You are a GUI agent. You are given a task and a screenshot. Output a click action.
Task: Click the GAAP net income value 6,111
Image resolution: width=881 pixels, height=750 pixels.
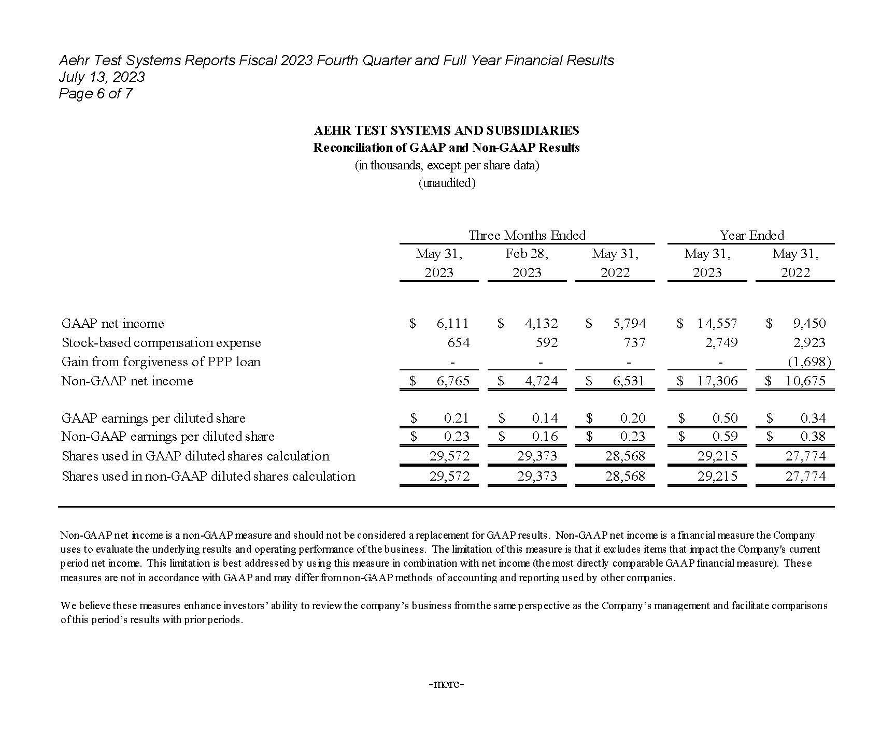452,324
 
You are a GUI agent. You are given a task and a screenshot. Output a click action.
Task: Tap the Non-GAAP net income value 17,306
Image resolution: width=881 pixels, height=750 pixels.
717,381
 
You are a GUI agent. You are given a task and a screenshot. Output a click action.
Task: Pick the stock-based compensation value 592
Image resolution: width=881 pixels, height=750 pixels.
547,343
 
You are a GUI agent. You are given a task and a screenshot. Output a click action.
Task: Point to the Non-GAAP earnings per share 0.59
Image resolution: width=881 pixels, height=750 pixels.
724,437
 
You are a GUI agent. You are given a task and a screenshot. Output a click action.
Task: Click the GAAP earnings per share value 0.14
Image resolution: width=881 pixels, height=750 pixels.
545,419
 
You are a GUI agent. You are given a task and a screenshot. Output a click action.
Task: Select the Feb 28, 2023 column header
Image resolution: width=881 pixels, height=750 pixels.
527,263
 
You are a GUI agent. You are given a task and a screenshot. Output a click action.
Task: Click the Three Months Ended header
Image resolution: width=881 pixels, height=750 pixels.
527,236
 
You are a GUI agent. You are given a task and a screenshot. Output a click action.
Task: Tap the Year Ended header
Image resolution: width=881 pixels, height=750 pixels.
751,236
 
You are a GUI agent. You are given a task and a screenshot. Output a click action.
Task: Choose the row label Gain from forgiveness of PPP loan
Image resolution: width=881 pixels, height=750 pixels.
161,362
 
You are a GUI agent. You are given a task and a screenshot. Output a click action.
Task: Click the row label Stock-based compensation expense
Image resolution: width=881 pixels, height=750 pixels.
161,343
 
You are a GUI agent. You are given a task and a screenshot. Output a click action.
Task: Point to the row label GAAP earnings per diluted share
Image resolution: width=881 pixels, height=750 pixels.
153,419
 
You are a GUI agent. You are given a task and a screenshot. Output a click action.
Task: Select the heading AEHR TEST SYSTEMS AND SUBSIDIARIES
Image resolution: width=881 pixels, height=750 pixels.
446,131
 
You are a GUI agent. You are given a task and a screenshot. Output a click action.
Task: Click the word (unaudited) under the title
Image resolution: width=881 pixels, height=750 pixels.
447,183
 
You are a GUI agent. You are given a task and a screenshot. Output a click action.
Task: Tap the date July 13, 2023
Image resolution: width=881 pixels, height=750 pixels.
102,77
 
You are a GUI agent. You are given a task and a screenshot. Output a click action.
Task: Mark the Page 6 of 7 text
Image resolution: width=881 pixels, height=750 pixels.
95,94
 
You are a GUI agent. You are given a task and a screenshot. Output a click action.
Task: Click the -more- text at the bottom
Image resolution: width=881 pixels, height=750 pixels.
446,684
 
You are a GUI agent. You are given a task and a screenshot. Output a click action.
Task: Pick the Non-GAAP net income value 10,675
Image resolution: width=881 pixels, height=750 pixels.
805,381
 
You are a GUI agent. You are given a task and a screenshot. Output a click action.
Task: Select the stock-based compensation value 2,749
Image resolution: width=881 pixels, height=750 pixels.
721,343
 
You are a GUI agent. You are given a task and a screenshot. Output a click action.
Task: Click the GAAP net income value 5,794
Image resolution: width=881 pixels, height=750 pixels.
629,324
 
